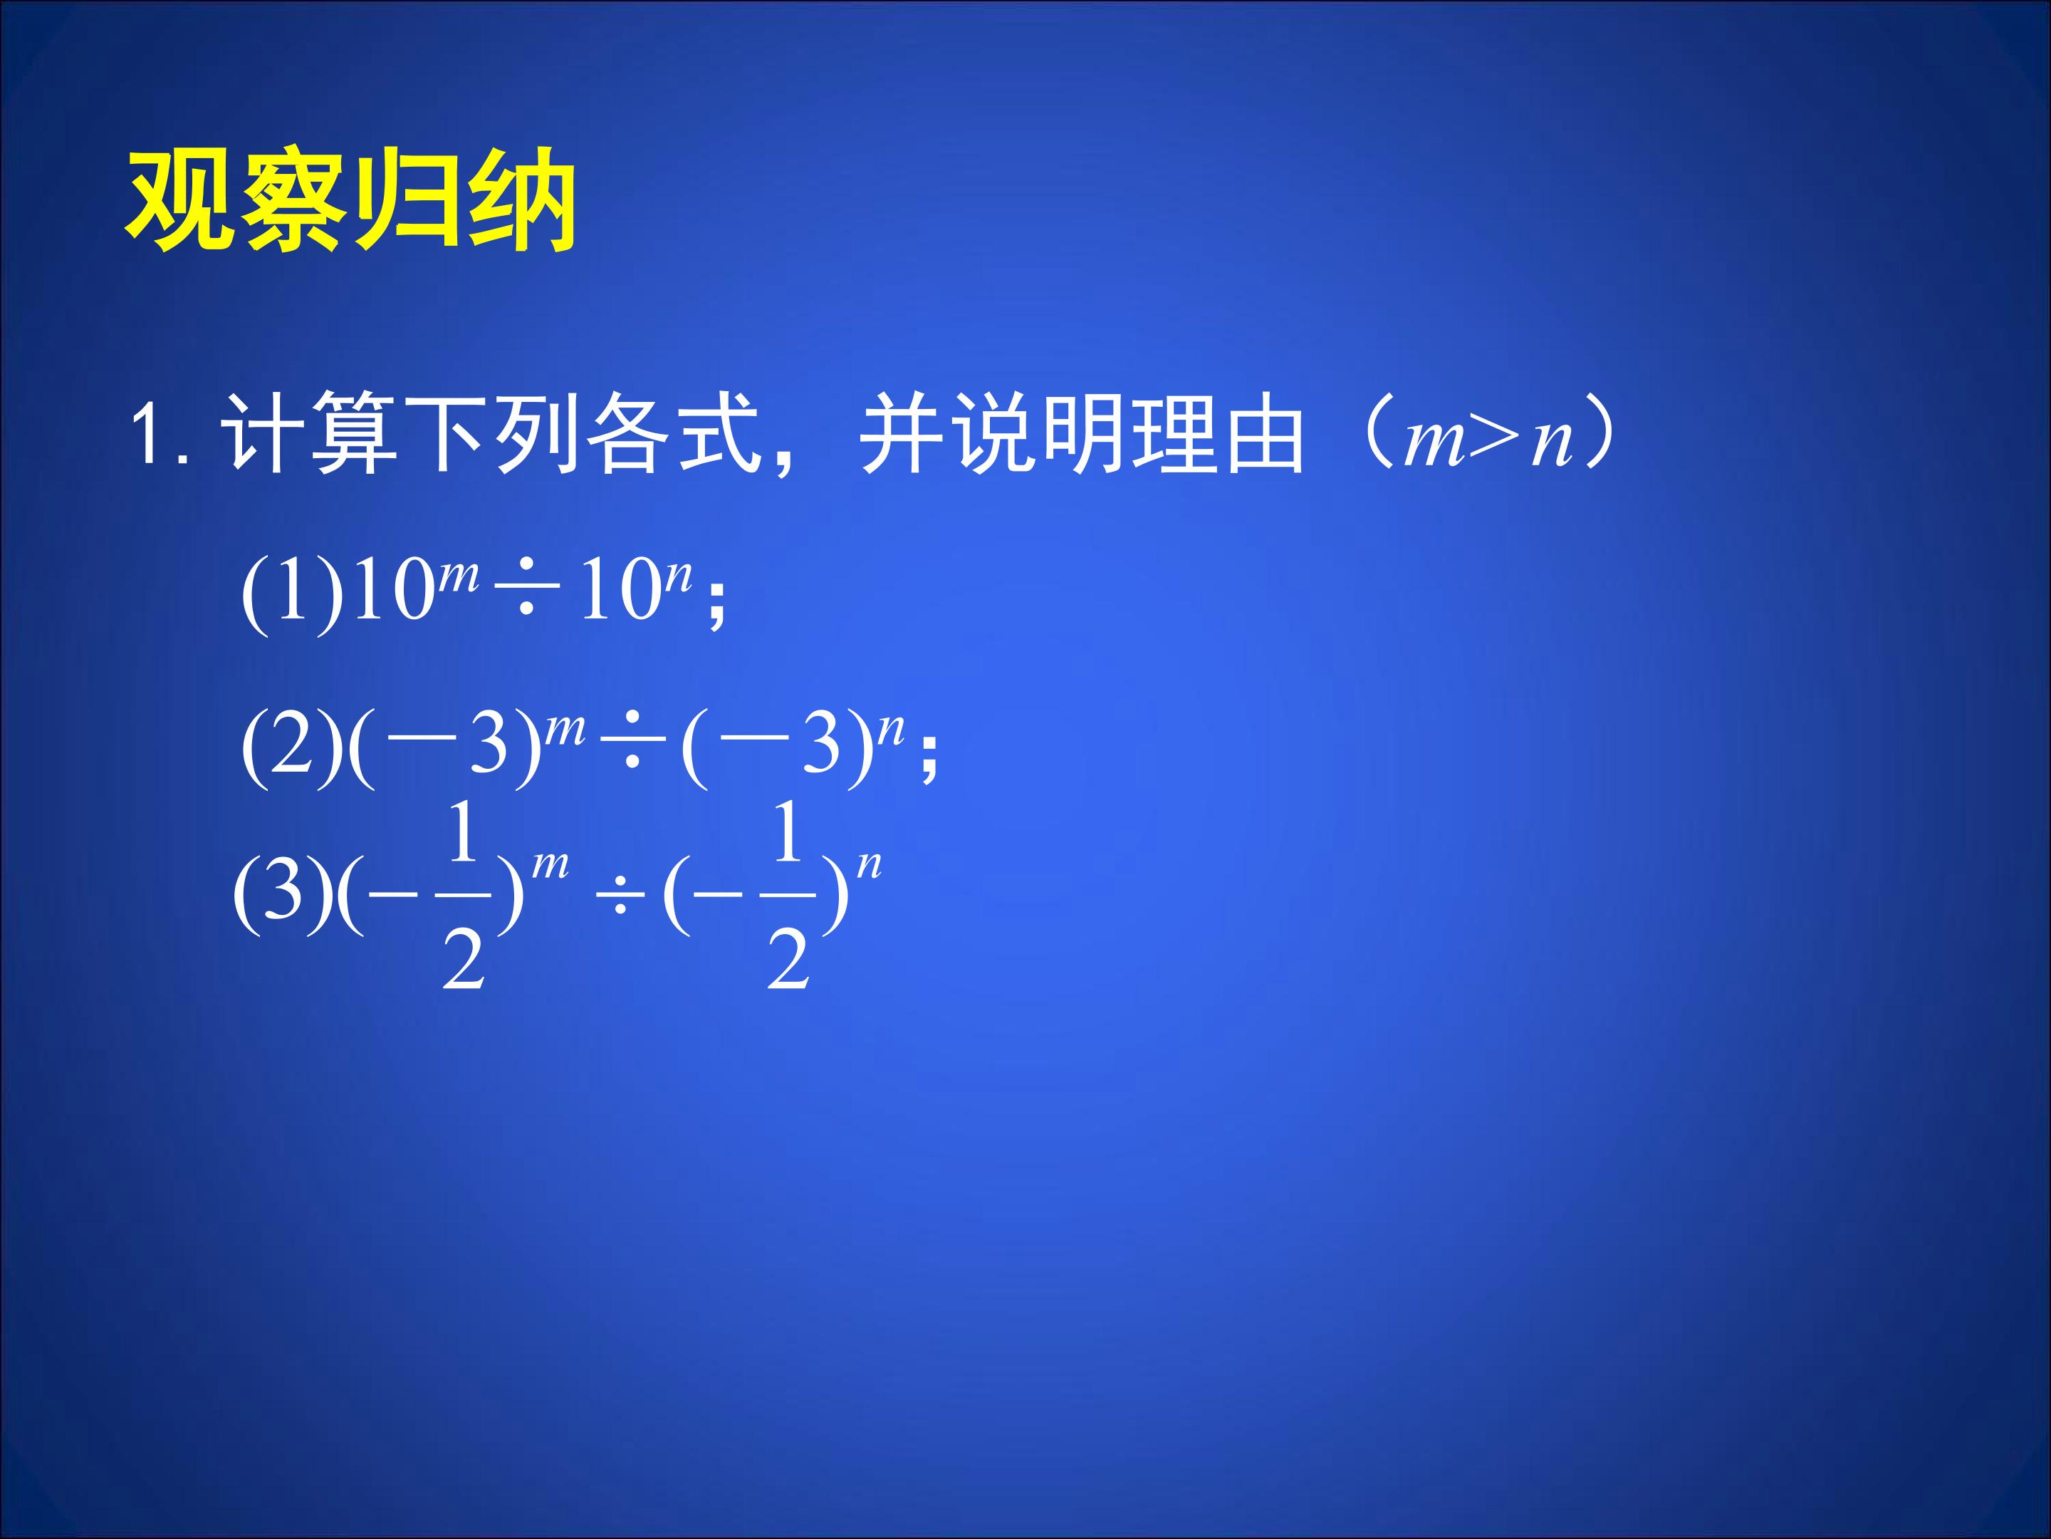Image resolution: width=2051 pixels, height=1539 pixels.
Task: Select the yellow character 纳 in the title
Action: tap(522, 199)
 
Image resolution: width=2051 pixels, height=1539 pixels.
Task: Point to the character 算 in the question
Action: tap(354, 434)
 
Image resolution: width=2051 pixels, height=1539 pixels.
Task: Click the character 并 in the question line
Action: tap(902, 434)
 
